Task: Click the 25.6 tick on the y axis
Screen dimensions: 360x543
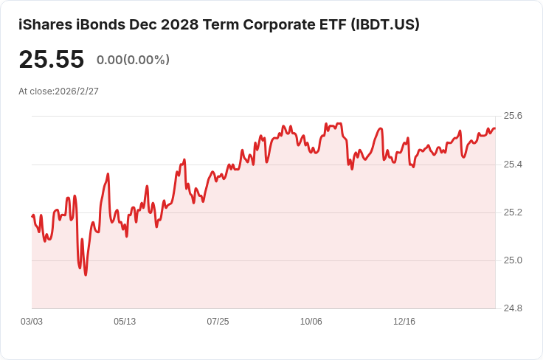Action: [512, 116]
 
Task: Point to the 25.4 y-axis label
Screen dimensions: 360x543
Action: [512, 164]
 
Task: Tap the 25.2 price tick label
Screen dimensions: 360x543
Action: [512, 212]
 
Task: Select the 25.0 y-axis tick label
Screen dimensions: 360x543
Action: [512, 260]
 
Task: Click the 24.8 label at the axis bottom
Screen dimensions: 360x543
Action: [512, 308]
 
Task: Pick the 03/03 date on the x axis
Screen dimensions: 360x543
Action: [32, 322]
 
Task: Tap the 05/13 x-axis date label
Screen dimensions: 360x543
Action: [125, 322]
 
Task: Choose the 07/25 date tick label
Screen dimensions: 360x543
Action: [218, 322]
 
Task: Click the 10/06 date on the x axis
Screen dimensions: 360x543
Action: [311, 322]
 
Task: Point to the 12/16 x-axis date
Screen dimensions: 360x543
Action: [404, 322]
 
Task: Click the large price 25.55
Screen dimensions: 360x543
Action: [52, 60]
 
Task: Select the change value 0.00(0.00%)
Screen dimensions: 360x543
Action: [133, 60]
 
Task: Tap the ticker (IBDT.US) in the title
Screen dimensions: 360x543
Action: [385, 24]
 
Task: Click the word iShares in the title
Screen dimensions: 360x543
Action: [44, 24]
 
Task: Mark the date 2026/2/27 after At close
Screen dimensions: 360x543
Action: [77, 91]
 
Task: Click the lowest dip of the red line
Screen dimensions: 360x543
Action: [86, 275]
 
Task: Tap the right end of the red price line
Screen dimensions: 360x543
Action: [495, 128]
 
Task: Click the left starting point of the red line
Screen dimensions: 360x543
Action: [32, 216]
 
